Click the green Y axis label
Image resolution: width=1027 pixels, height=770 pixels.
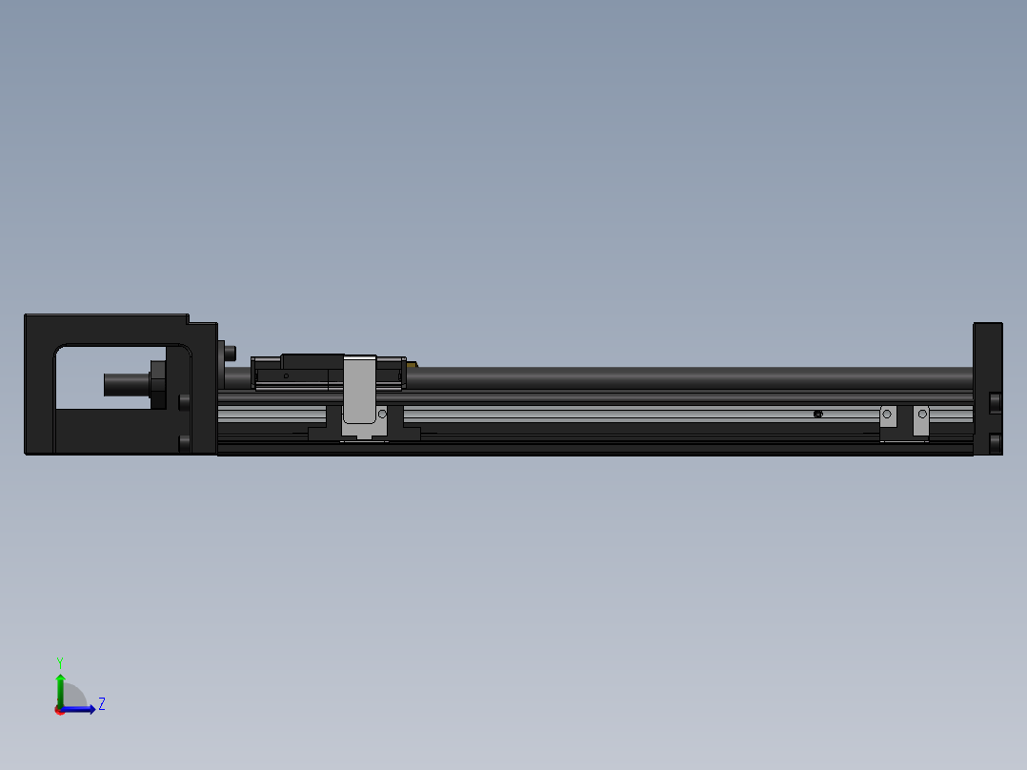pyautogui.click(x=59, y=660)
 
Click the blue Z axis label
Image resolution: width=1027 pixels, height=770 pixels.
pyautogui.click(x=101, y=704)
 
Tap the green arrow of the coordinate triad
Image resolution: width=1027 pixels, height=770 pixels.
pyautogui.click(x=60, y=684)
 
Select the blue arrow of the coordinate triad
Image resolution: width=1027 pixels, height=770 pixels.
pyautogui.click(x=81, y=709)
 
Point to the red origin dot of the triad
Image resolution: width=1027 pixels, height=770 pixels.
pyautogui.click(x=59, y=710)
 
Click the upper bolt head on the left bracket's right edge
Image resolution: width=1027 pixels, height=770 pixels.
pyautogui.click(x=184, y=401)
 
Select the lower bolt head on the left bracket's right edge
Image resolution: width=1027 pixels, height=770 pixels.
pyautogui.click(x=184, y=442)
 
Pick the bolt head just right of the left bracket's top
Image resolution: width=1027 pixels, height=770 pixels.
pyautogui.click(x=230, y=353)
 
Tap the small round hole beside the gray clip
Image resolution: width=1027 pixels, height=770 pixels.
pyautogui.click(x=383, y=415)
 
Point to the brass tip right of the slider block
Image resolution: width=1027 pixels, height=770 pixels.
pyautogui.click(x=412, y=364)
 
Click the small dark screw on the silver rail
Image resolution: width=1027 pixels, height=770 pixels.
pyautogui.click(x=817, y=414)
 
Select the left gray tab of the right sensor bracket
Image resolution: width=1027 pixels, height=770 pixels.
pyautogui.click(x=887, y=420)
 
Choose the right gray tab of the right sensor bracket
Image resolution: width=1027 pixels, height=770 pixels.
pyautogui.click(x=921, y=420)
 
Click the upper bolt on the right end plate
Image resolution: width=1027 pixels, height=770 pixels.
pyautogui.click(x=996, y=402)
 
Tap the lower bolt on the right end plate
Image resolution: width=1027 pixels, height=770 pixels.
pyautogui.click(x=996, y=443)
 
